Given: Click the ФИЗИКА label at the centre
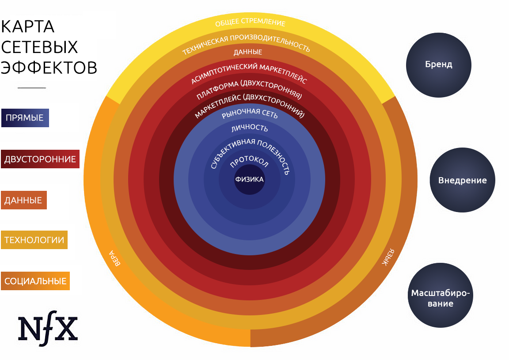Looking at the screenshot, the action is [x=249, y=179].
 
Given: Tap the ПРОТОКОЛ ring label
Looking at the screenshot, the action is [x=249, y=161].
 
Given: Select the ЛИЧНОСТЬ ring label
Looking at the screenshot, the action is [x=250, y=128].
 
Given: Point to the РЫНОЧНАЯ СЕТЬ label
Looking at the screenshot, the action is [x=250, y=113].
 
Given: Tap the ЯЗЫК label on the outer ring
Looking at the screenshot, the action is [x=388, y=258].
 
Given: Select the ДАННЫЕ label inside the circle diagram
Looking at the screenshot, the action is [x=248, y=52].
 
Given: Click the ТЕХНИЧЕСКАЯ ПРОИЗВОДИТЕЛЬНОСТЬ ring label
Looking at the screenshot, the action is [x=246, y=44].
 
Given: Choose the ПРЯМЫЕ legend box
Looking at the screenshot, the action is [x=25, y=118].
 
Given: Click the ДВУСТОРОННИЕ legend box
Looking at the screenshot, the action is [x=40, y=159].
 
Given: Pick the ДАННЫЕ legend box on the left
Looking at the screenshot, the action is [x=24, y=200].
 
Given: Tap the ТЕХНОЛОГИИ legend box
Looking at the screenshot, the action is [x=34, y=240].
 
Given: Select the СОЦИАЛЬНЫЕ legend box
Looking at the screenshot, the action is [x=35, y=281].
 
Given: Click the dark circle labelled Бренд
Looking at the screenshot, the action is [x=439, y=64].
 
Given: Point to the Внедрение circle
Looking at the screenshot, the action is [x=462, y=180].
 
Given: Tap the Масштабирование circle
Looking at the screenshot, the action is [x=440, y=295].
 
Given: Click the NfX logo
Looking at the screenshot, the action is [x=48, y=328].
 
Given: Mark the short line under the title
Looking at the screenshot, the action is [x=32, y=88].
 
